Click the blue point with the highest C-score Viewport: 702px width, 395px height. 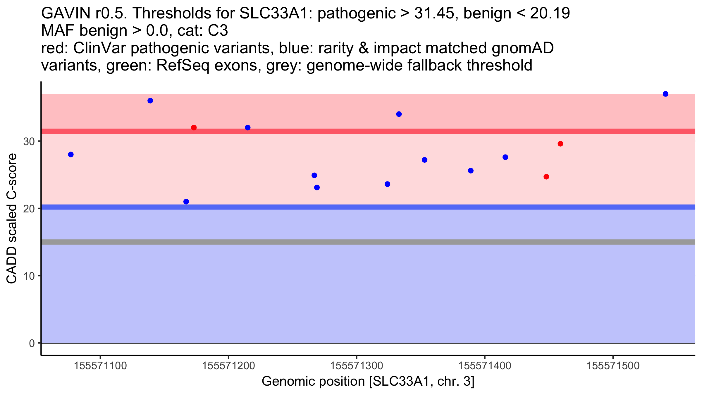[x=665, y=94]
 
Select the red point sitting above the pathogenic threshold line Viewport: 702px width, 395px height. [x=194, y=128]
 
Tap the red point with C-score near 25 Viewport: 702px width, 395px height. [x=546, y=177]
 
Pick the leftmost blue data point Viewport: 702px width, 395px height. [x=71, y=154]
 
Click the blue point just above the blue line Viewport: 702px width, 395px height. [x=186, y=202]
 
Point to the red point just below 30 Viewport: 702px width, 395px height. [x=560, y=144]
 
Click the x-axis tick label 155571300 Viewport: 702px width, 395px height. [x=356, y=366]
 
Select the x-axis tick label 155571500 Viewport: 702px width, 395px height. [x=613, y=366]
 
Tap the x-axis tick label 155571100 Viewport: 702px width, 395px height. [x=100, y=366]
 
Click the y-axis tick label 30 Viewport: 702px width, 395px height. [x=29, y=141]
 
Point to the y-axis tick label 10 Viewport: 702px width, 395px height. [x=29, y=276]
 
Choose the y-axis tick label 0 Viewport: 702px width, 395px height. [x=32, y=343]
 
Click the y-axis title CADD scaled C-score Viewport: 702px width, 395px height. [x=11, y=219]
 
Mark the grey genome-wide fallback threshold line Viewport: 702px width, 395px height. [x=368, y=242]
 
